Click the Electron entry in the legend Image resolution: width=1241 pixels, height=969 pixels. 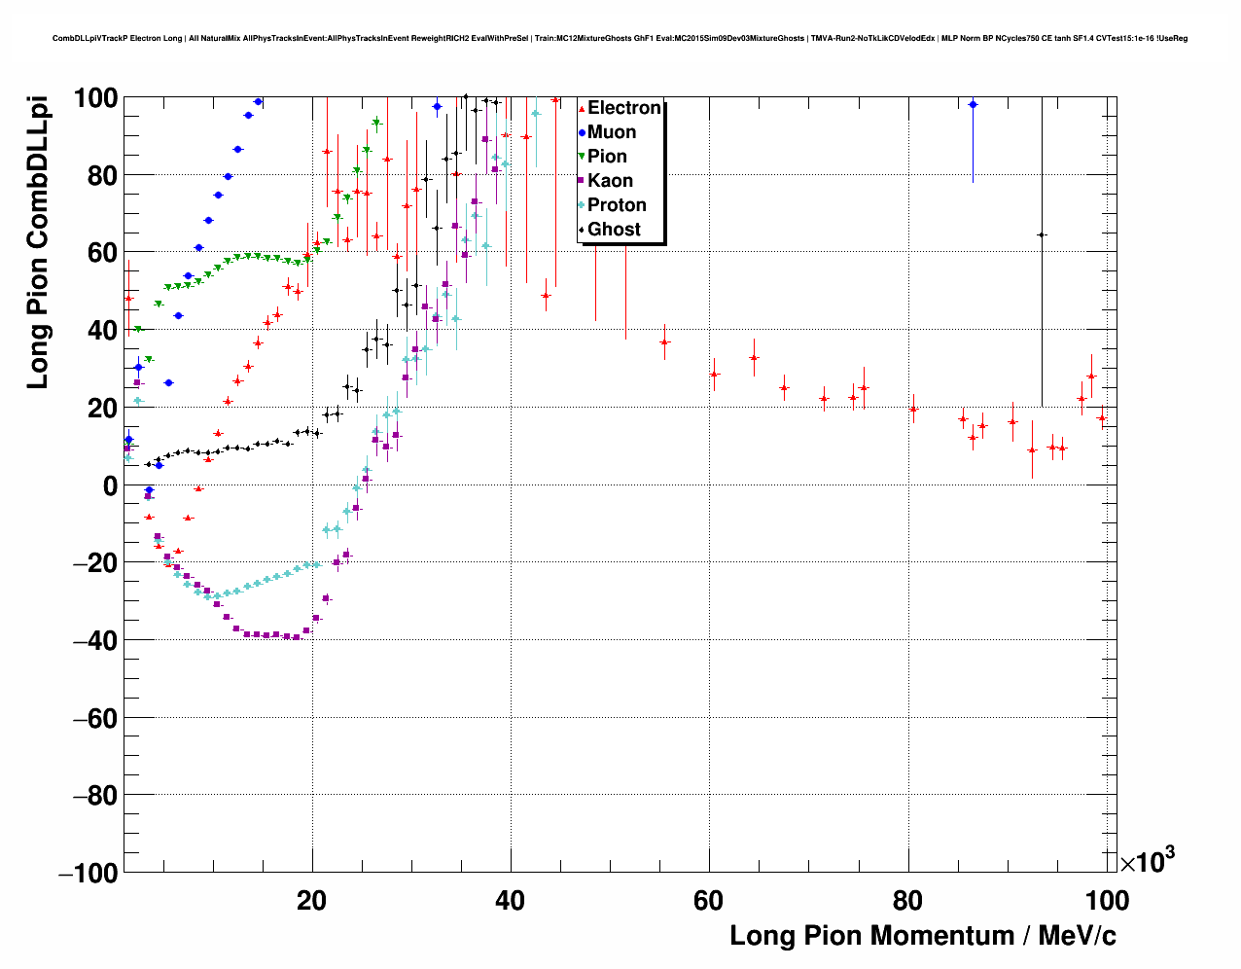(x=623, y=108)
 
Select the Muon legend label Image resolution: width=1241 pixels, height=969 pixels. (x=612, y=132)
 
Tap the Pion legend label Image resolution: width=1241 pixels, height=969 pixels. (x=607, y=157)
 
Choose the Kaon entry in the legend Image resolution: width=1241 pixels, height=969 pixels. (x=610, y=181)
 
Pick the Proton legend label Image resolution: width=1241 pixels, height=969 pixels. (x=617, y=205)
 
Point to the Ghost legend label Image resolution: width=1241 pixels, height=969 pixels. (x=614, y=230)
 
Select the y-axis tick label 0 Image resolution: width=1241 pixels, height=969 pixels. (x=109, y=485)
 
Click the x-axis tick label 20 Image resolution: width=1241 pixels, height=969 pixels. (x=311, y=901)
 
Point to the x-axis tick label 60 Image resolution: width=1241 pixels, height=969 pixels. (x=708, y=901)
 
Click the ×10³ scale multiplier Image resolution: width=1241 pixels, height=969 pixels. (x=1148, y=862)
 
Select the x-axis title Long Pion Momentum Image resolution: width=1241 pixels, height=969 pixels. (x=922, y=936)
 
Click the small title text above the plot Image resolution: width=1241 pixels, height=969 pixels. (x=620, y=39)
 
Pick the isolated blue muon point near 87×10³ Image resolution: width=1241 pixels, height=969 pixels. (x=973, y=104)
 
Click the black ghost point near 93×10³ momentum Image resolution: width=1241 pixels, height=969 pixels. (x=1042, y=234)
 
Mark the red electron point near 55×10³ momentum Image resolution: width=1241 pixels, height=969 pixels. (x=664, y=342)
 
